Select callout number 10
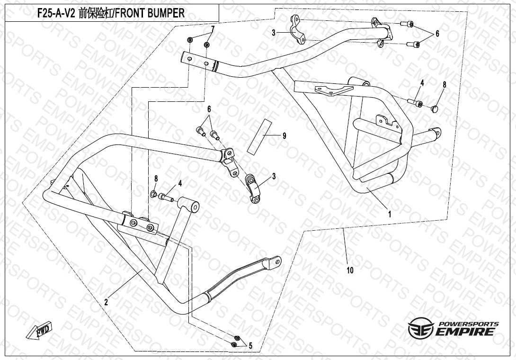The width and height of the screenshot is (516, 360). (x=350, y=270)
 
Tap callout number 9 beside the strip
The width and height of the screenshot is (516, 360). (x=285, y=136)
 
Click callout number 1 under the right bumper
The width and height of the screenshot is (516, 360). (x=390, y=214)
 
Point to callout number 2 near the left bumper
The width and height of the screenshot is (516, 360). (x=107, y=301)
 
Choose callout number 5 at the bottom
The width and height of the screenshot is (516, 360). (x=250, y=346)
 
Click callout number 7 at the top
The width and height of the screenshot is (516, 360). (x=213, y=29)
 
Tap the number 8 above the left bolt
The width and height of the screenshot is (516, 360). (x=156, y=178)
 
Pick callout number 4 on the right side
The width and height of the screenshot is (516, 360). (x=422, y=83)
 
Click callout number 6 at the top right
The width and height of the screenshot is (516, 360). (x=437, y=34)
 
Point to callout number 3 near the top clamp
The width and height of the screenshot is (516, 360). (x=274, y=33)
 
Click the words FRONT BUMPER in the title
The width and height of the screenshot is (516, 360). (x=151, y=13)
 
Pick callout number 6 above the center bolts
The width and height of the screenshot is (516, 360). (x=208, y=109)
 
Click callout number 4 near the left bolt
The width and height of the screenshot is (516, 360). (x=180, y=183)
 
